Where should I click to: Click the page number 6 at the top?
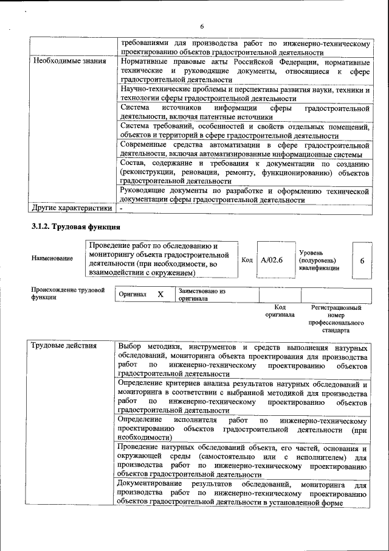[201, 26]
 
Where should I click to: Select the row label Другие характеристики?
[72, 208]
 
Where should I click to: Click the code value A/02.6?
[272, 260]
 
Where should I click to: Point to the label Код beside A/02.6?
[247, 260]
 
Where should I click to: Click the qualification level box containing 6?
[362, 260]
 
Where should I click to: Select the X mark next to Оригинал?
[160, 295]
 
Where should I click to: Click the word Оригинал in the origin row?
[133, 295]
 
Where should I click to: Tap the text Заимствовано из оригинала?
[202, 295]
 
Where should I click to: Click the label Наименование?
[52, 258]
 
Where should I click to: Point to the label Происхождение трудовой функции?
[68, 293]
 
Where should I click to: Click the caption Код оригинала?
[280, 311]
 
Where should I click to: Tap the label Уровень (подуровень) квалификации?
[320, 260]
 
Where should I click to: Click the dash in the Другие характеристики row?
[121, 208]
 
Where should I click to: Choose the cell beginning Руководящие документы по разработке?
[244, 195]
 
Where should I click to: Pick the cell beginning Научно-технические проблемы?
[244, 94]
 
